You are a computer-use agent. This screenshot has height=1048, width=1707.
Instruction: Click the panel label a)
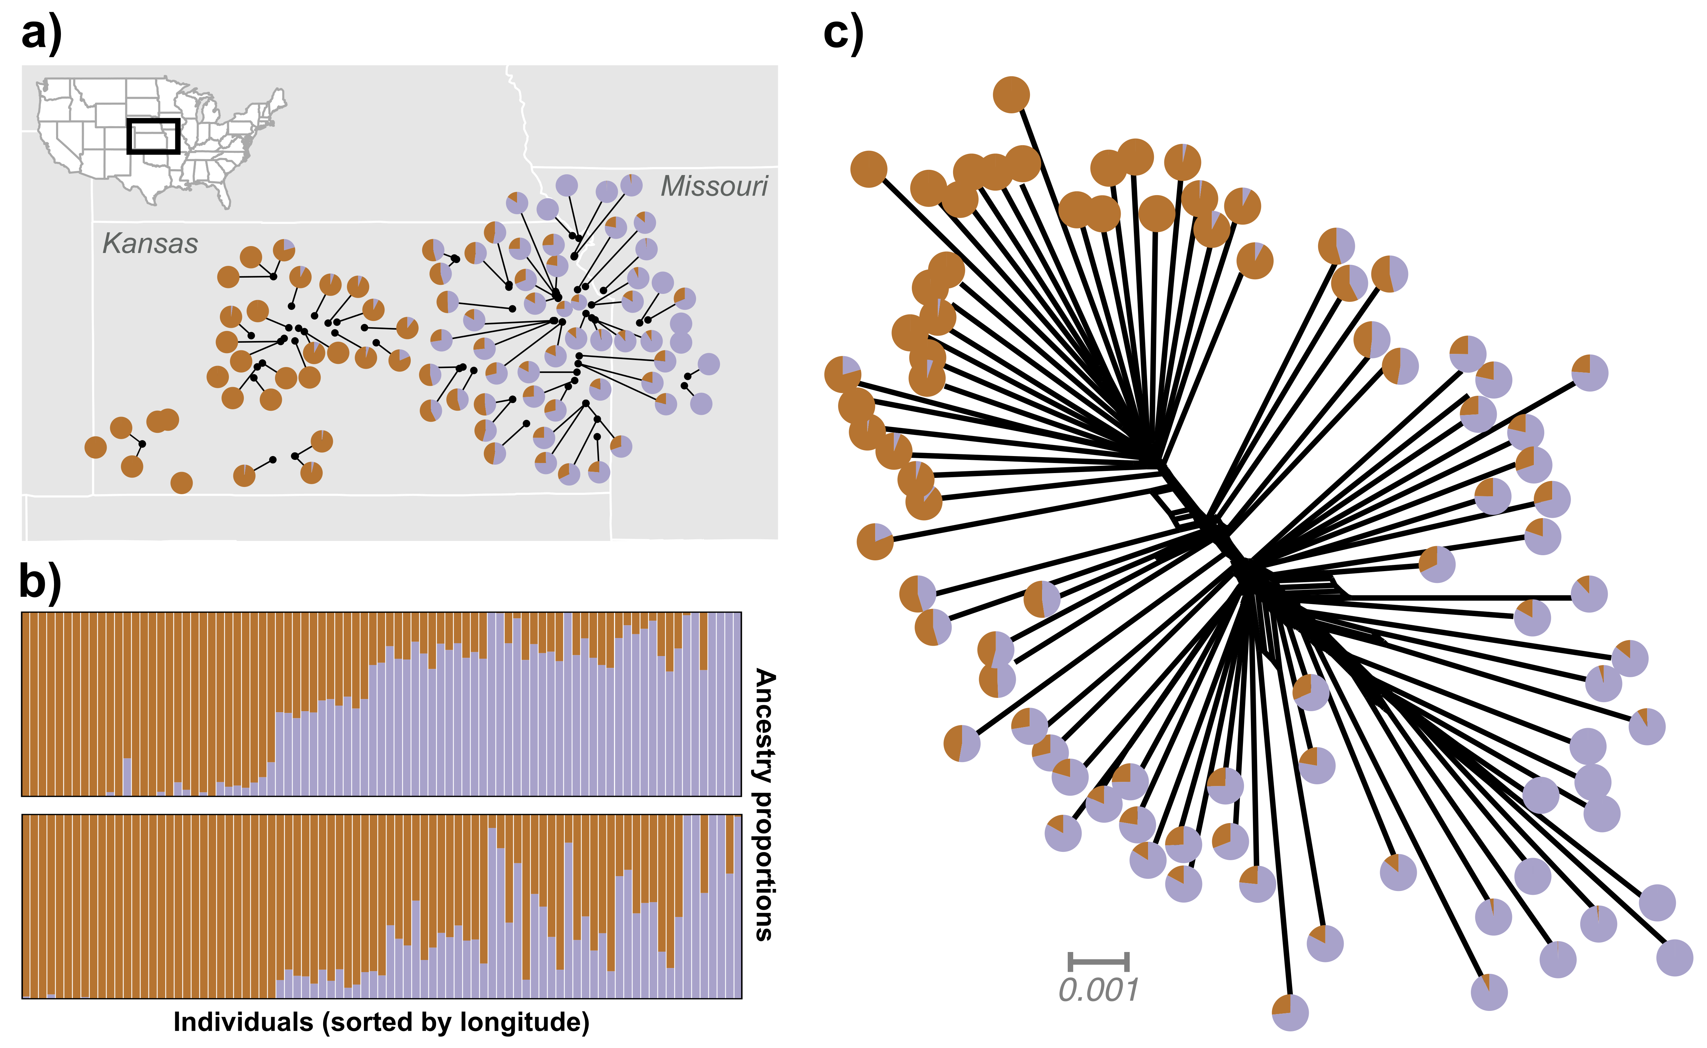[x=42, y=33]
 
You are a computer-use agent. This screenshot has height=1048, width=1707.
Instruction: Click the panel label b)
[x=40, y=581]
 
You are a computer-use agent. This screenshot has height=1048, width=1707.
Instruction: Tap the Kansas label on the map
[x=150, y=243]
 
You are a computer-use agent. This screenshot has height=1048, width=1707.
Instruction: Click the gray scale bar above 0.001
[x=1099, y=962]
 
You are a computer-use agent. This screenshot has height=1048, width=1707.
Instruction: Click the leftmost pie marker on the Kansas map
[x=96, y=447]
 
